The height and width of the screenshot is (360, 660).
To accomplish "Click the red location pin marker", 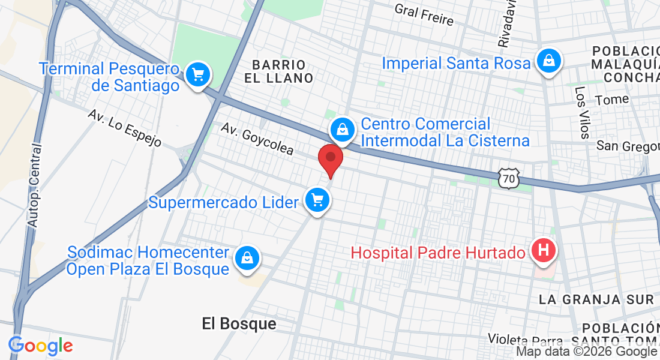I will [330, 158].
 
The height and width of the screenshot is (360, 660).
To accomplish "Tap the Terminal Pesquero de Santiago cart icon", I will [197, 75].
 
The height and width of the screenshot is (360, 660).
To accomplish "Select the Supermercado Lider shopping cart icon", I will [317, 199].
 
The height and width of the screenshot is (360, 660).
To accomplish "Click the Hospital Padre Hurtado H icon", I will [544, 251].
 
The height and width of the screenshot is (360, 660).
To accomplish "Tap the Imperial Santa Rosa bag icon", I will [548, 60].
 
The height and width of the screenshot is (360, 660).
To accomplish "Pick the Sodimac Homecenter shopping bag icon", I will [246, 258].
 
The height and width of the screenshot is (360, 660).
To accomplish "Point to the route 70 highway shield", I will [508, 178].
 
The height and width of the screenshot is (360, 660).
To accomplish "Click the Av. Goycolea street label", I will [257, 139].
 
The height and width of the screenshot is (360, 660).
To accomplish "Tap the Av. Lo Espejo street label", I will [125, 128].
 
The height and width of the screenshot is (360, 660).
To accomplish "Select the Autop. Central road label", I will [34, 185].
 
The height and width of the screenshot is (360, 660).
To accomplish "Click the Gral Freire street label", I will [424, 15].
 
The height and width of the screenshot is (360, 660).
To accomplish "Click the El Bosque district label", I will [239, 324].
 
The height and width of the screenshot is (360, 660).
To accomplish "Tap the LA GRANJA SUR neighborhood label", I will [596, 299].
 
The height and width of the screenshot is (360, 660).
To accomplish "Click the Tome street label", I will [612, 100].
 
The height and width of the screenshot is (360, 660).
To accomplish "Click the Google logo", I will [40, 346].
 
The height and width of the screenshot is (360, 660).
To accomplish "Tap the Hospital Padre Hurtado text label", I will [437, 253].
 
